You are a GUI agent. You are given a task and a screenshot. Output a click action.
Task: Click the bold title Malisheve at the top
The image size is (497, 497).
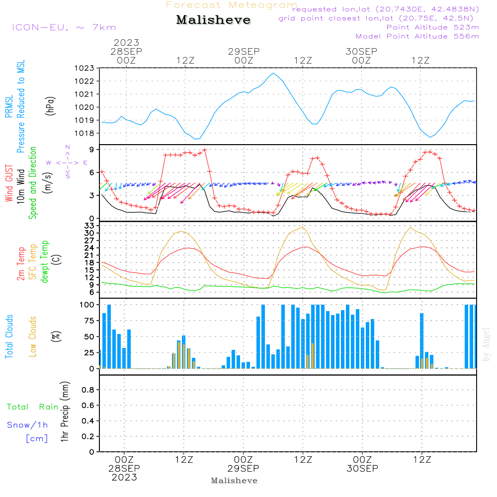(x=213, y=20)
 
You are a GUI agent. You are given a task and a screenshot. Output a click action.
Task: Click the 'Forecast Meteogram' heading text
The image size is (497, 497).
(x=232, y=5)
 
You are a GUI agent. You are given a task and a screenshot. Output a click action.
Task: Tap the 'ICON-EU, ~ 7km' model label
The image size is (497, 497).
(x=64, y=27)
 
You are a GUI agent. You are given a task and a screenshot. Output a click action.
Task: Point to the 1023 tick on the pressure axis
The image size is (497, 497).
(x=84, y=68)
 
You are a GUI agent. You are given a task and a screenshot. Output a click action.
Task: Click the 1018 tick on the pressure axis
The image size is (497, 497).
(x=84, y=133)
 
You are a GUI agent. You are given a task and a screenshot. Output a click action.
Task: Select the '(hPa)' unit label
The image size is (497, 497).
(x=50, y=106)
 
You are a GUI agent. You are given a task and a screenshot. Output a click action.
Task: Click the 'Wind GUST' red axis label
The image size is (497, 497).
(x=9, y=183)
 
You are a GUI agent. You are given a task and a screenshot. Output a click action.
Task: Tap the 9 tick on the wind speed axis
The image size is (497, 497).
(x=92, y=150)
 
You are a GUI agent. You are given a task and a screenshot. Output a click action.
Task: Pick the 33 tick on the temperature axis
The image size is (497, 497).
(x=89, y=226)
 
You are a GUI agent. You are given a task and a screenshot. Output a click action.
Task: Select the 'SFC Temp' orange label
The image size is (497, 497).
(x=32, y=262)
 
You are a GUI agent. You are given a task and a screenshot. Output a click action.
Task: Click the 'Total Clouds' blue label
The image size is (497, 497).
(x=9, y=336)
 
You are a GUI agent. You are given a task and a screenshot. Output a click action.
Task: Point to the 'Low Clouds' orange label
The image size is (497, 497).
(x=32, y=336)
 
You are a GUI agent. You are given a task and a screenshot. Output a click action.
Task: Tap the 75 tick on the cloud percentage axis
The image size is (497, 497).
(x=89, y=321)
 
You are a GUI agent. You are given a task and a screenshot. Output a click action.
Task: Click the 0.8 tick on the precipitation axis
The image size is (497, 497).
(x=88, y=390)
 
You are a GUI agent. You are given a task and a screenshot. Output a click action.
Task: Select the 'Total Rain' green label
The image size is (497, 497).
(x=33, y=407)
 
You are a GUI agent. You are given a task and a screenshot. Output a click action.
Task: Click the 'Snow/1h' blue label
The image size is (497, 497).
(x=27, y=425)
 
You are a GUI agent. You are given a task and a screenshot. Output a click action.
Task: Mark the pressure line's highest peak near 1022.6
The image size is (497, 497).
(x=273, y=73)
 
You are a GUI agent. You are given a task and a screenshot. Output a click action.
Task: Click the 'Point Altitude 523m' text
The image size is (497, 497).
(x=433, y=27)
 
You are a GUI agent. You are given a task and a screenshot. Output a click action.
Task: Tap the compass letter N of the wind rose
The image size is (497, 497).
(x=68, y=147)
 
